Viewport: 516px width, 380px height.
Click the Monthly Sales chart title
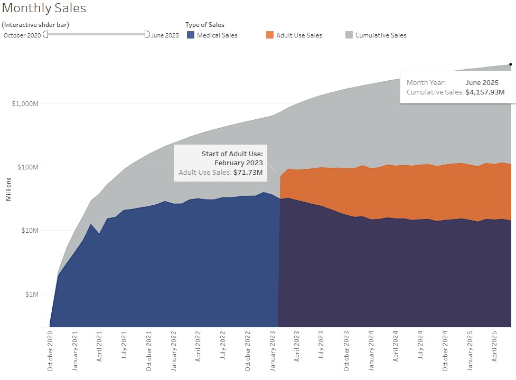click(44, 8)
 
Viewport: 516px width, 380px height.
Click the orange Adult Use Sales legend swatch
click(270, 35)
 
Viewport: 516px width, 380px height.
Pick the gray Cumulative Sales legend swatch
click(349, 35)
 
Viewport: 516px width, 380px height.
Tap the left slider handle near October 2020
click(46, 34)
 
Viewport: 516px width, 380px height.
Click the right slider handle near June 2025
click(147, 34)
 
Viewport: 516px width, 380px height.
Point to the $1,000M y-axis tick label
click(26, 103)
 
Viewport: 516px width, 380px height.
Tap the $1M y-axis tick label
click(32, 294)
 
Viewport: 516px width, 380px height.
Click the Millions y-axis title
click(8, 189)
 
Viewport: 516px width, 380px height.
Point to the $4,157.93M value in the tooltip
click(485, 92)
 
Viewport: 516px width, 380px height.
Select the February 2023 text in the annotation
click(238, 163)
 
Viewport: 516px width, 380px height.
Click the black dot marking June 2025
click(510, 64)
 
